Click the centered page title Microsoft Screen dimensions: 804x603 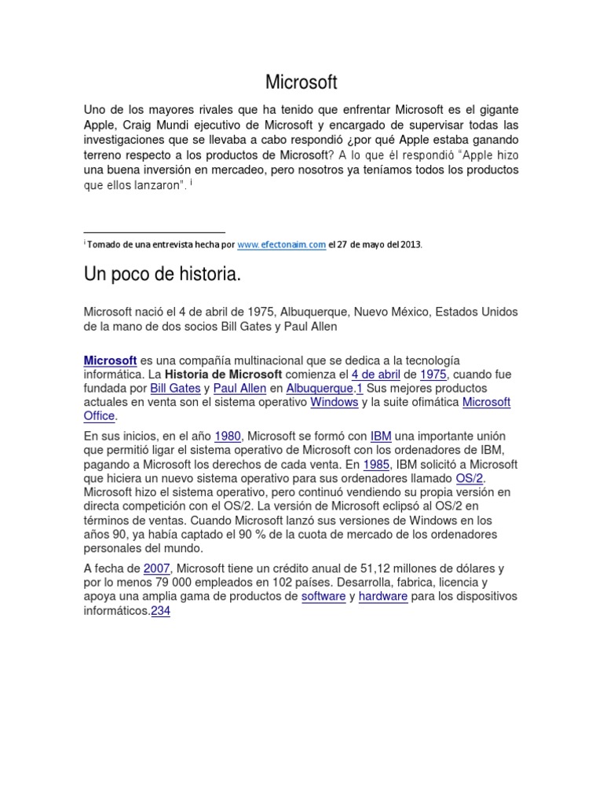[301, 82]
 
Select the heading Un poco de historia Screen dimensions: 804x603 [162, 275]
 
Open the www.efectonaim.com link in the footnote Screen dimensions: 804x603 [281, 244]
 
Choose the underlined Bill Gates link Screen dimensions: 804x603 [175, 388]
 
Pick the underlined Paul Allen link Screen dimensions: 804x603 [241, 388]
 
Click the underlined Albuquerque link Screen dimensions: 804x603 [319, 388]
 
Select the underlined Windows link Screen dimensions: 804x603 [334, 402]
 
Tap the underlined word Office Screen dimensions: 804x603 [99, 416]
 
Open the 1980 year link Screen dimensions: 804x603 [227, 436]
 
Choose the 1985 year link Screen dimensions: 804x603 [375, 464]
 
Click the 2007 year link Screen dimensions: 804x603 [157, 568]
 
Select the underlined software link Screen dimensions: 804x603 [323, 596]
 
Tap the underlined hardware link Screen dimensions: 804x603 [383, 596]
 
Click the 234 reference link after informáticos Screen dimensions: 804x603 [160, 610]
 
